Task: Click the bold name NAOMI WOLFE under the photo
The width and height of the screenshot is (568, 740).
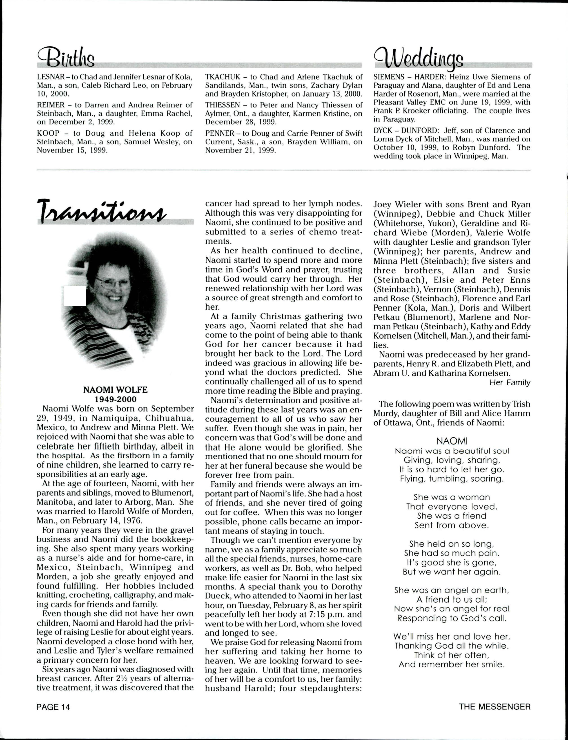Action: (x=115, y=390)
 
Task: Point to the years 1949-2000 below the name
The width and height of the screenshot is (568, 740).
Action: (x=115, y=399)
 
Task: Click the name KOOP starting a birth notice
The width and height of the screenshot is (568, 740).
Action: (x=47, y=133)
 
